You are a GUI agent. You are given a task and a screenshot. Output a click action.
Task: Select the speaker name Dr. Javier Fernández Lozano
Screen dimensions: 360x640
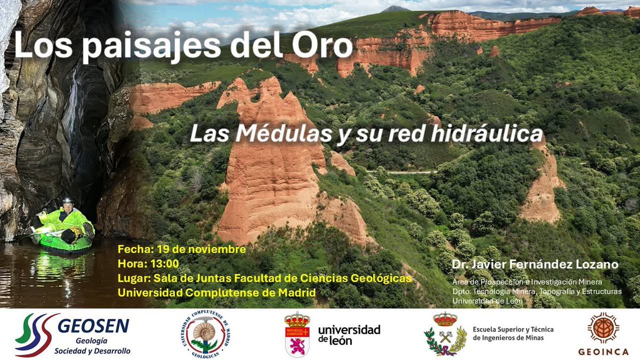tap(534, 265)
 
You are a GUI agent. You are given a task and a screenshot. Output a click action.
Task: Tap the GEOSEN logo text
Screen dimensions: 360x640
tap(93, 325)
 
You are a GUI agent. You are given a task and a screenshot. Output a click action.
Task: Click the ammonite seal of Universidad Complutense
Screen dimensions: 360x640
tap(205, 334)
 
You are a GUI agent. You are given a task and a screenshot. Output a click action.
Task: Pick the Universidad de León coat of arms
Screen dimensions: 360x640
tap(297, 334)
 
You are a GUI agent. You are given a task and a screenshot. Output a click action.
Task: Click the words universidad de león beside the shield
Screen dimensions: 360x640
tap(349, 334)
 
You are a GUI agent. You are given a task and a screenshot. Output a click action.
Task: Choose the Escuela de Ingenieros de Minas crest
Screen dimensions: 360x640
tap(445, 334)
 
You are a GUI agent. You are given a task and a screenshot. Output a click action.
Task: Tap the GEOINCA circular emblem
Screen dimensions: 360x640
tap(603, 327)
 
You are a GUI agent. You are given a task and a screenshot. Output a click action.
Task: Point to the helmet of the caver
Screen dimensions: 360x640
tap(67, 201)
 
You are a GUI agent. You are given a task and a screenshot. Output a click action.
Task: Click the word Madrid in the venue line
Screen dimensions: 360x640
tap(297, 292)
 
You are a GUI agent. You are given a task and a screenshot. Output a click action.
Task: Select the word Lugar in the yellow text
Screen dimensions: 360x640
tap(133, 278)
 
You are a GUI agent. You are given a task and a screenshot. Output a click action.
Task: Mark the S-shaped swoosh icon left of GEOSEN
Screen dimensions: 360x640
tap(35, 334)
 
